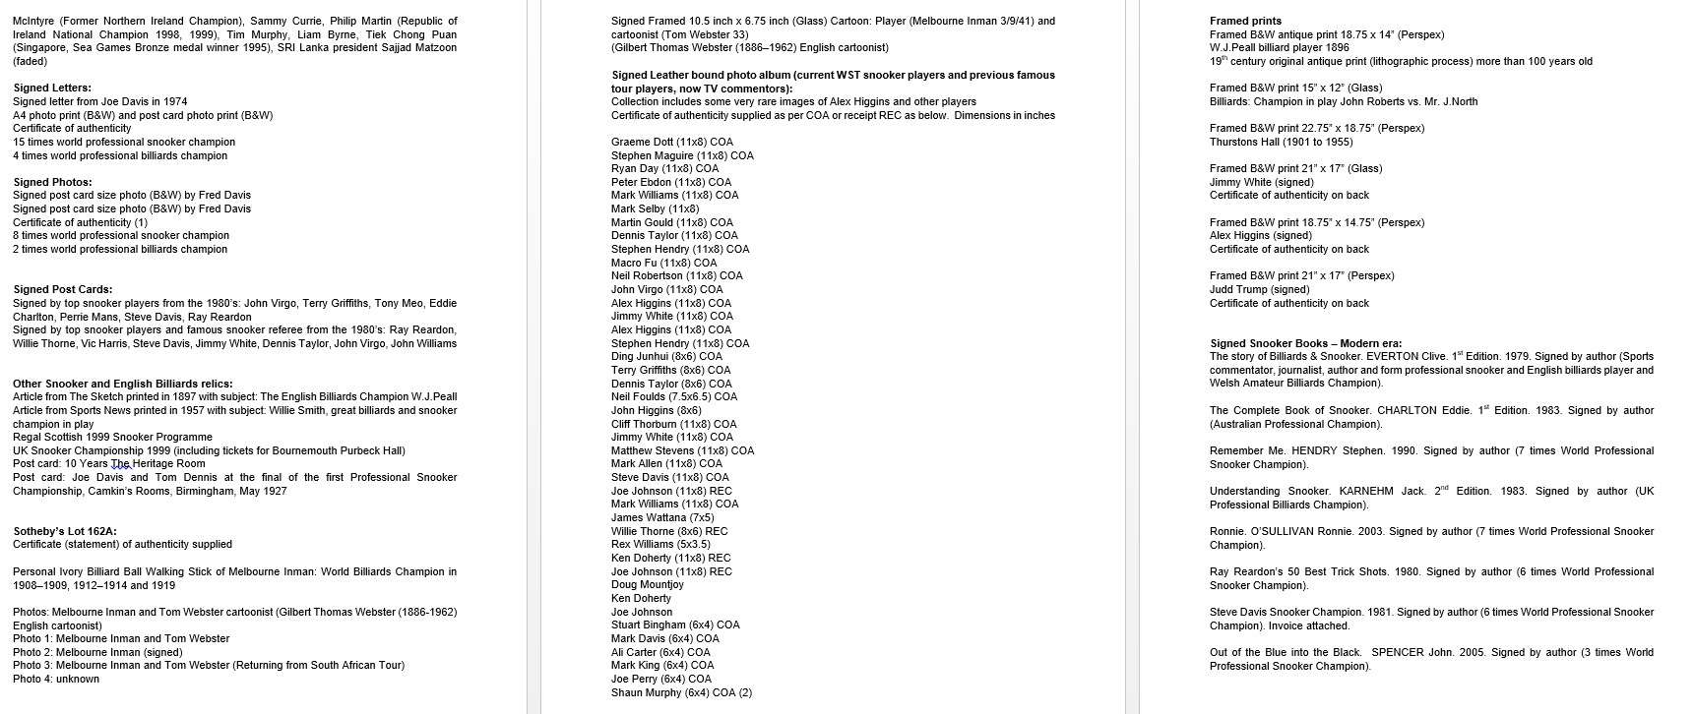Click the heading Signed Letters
(52, 88)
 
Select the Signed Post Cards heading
(62, 289)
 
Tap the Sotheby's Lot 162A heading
(65, 531)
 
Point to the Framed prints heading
(1245, 21)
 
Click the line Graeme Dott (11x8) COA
(671, 142)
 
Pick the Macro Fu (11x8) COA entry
(663, 263)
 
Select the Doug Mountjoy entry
(647, 584)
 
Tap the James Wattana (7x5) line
(662, 517)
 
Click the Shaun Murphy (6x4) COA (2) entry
(681, 692)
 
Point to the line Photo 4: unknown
(56, 679)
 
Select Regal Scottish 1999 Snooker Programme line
(112, 437)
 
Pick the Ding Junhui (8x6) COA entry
(666, 356)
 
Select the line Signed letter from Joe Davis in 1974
(99, 101)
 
